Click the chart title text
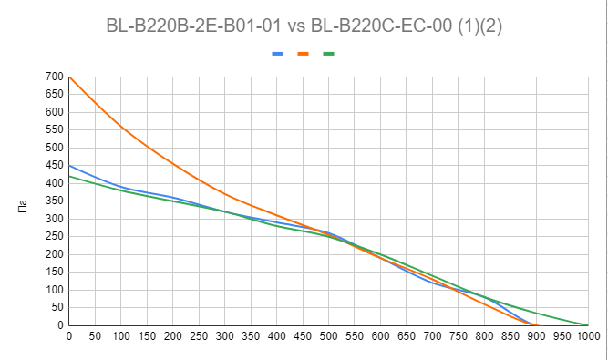pyautogui.click(x=304, y=26)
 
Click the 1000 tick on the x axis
pyautogui.click(x=588, y=338)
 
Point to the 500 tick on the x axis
pyautogui.click(x=329, y=338)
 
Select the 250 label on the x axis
pyautogui.click(x=199, y=338)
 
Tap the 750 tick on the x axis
pyautogui.click(x=459, y=338)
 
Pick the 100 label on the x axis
pyautogui.click(x=121, y=338)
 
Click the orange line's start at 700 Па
pyautogui.click(x=69, y=77)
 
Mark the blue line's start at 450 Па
pyautogui.click(x=69, y=166)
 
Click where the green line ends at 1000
pyautogui.click(x=588, y=325)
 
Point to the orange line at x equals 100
pyautogui.click(x=121, y=127)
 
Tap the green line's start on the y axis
pyautogui.click(x=69, y=177)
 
